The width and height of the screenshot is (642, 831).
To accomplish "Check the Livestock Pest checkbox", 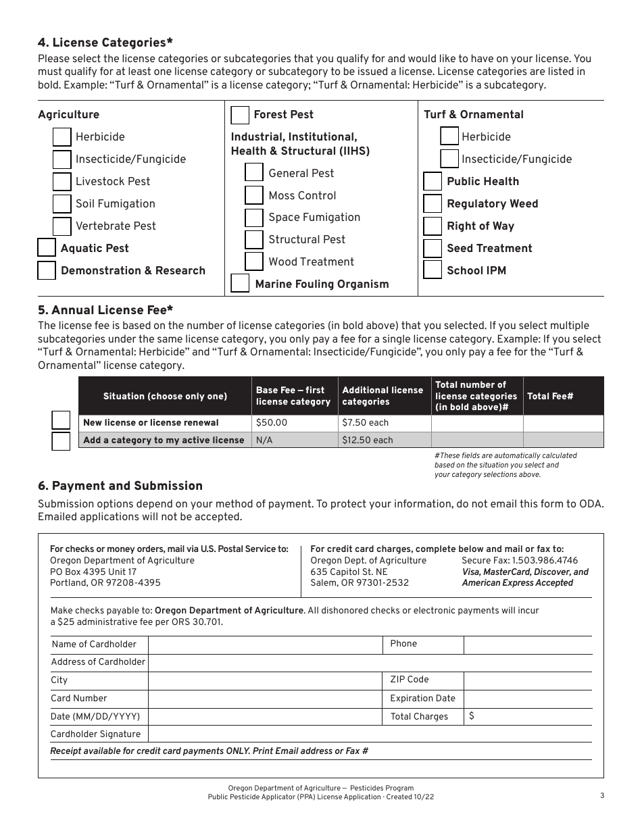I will pyautogui.click(x=62, y=182).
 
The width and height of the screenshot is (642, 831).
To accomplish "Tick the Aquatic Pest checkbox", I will pyautogui.click(x=47, y=248).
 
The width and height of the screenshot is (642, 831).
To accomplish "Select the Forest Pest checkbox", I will pyautogui.click(x=240, y=115).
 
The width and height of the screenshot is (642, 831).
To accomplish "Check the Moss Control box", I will pyautogui.click(x=254, y=195).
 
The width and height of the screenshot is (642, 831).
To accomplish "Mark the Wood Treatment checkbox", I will pyautogui.click(x=254, y=261).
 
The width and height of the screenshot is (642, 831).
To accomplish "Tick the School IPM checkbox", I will pyautogui.click(x=433, y=270).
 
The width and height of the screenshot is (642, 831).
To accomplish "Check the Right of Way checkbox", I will pyautogui.click(x=433, y=226).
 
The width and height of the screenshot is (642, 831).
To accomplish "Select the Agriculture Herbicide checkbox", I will pyautogui.click(x=62, y=137).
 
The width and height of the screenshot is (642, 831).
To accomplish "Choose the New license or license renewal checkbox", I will pyautogui.click(x=61, y=421).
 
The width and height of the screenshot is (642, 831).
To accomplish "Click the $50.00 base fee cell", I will pyautogui.click(x=294, y=423).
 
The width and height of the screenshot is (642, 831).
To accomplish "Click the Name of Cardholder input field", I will pyautogui.click(x=266, y=645).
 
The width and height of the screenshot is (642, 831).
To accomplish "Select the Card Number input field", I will pyautogui.click(x=266, y=699).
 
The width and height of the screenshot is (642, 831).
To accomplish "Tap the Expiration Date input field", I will pyautogui.click(x=528, y=699).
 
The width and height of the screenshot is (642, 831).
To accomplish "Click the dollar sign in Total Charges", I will pyautogui.click(x=471, y=716).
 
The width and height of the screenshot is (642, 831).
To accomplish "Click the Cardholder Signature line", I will pyautogui.click(x=370, y=734).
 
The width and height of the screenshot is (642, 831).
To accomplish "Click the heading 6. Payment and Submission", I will pyautogui.click(x=120, y=486).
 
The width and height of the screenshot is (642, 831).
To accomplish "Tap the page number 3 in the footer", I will pyautogui.click(x=601, y=795).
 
